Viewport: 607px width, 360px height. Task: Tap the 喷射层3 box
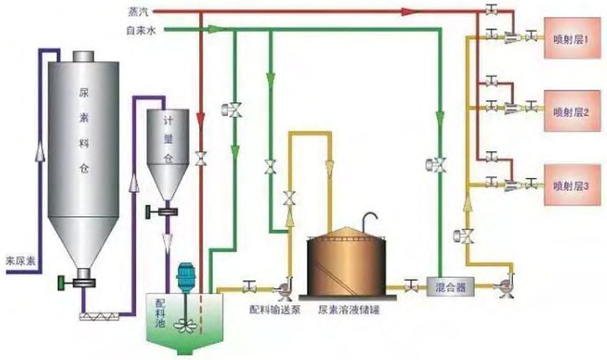pyautogui.click(x=571, y=184)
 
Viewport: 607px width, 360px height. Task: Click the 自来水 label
pyautogui.click(x=141, y=31)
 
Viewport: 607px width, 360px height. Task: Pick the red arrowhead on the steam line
pyautogui.click(x=409, y=11)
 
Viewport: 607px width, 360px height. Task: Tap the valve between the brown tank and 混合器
pyautogui.click(x=412, y=286)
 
